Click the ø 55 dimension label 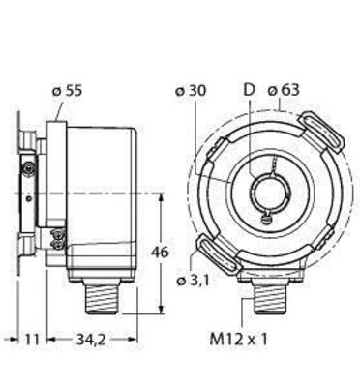click(67, 91)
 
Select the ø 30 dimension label click(191, 91)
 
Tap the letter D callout click(249, 90)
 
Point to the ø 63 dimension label click(284, 90)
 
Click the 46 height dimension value click(160, 253)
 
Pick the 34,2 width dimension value click(91, 340)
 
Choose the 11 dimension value click(32, 340)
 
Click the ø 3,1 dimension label click(194, 281)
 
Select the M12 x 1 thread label click(239, 340)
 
